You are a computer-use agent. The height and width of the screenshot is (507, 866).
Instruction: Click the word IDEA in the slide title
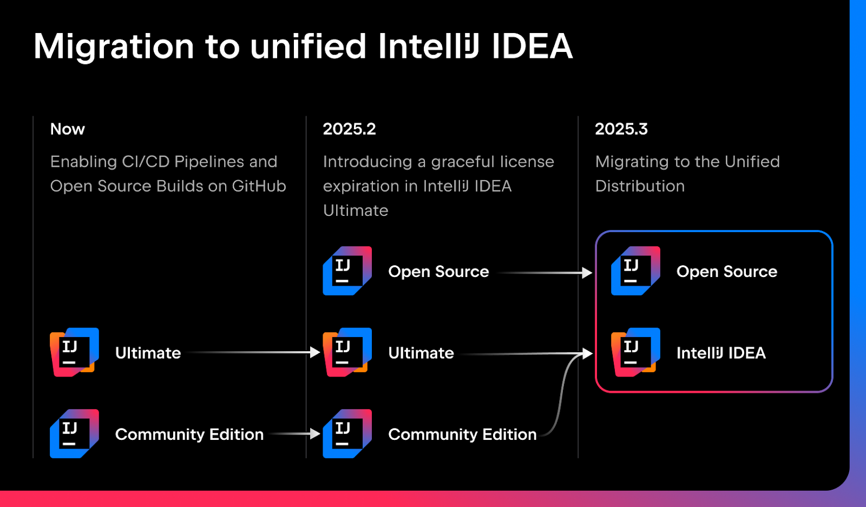coord(532,47)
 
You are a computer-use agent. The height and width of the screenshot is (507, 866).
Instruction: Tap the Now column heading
coord(68,129)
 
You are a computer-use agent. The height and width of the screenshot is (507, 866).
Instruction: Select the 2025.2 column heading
coord(349,129)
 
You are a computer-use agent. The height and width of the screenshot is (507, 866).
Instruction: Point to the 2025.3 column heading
coord(621,129)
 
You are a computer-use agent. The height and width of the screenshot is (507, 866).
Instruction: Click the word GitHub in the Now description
coord(259,186)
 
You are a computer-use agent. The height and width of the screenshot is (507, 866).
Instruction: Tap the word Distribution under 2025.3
coord(640,186)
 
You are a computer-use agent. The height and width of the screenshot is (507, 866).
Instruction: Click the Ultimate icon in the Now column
coord(75,352)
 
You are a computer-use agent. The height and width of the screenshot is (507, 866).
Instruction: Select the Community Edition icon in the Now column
coord(75,433)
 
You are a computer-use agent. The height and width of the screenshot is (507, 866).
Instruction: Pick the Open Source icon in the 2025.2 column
coord(347,271)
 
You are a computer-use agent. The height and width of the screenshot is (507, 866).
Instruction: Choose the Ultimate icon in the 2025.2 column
coord(347,352)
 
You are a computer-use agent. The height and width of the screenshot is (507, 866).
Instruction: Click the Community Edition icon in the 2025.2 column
coord(347,433)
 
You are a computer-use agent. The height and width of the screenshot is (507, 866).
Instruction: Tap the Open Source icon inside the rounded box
coord(635,271)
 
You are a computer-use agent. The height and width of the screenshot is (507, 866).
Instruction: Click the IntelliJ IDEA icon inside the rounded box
coord(635,352)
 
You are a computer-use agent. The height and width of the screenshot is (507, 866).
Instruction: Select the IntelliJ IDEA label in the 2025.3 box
coord(721,353)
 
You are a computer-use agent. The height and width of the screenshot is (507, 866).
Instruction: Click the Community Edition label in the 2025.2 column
coord(462,434)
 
